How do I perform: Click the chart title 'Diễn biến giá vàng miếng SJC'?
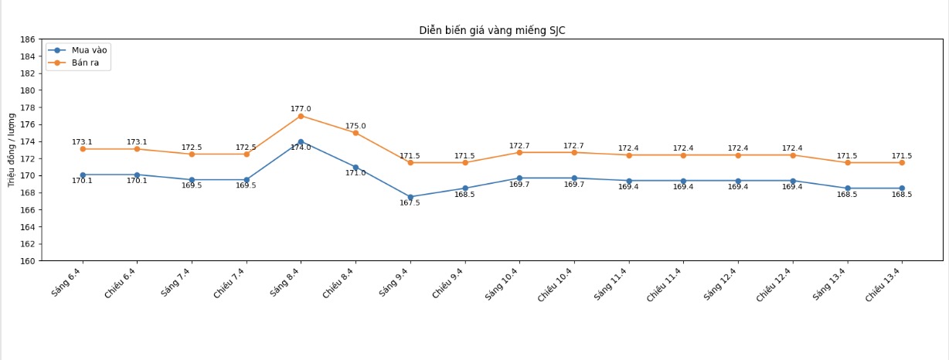[x=497, y=30]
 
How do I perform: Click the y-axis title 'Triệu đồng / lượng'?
[x=12, y=150]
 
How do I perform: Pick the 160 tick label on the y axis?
[x=27, y=261]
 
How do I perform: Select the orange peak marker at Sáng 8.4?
[x=301, y=116]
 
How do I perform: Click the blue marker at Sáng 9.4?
[x=410, y=197]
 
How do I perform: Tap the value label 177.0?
[x=301, y=109]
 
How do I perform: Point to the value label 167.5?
[x=410, y=203]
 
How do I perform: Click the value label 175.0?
[x=355, y=126]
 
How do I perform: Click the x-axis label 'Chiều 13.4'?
[x=884, y=284]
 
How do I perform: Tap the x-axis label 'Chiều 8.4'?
[x=338, y=283]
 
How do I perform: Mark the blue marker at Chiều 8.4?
[x=355, y=167]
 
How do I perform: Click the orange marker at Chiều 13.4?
[x=902, y=162]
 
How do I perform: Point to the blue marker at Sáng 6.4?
[x=83, y=175]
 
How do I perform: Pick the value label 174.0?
[x=301, y=148]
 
